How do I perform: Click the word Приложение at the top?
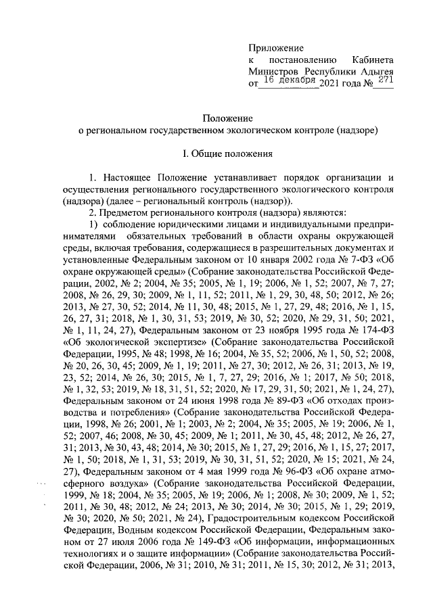coord(277,47)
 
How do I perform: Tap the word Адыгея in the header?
coord(376,72)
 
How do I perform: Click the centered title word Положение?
coord(227,116)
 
